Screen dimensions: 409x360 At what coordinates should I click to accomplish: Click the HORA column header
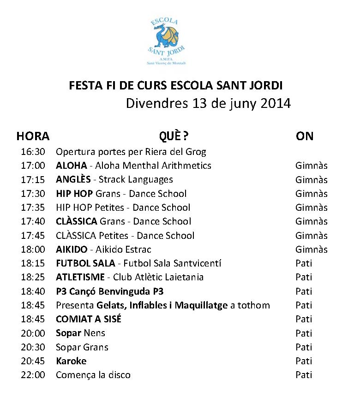(33, 136)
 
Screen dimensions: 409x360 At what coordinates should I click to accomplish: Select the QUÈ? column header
(174, 136)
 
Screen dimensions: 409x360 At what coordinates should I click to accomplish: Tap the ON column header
(305, 136)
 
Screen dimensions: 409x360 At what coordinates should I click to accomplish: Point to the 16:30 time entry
(33, 152)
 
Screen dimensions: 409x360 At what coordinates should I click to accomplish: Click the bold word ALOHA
(71, 166)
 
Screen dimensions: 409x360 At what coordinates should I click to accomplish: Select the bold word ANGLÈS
(73, 179)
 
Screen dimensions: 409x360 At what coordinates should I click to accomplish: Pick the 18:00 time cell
(33, 249)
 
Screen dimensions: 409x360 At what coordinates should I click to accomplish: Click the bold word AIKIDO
(72, 249)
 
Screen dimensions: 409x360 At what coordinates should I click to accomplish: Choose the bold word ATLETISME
(80, 277)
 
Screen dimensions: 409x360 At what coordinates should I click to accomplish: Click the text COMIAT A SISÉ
(89, 319)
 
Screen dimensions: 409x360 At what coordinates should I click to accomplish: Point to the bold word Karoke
(71, 361)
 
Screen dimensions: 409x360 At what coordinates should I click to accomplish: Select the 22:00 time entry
(33, 375)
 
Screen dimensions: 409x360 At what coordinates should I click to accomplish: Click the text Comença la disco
(93, 375)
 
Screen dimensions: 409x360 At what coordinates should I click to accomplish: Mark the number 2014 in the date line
(276, 103)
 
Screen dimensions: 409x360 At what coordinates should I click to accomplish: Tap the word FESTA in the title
(83, 86)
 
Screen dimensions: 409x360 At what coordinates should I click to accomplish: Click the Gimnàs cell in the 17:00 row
(312, 166)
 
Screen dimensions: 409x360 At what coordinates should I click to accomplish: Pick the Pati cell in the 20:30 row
(304, 347)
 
